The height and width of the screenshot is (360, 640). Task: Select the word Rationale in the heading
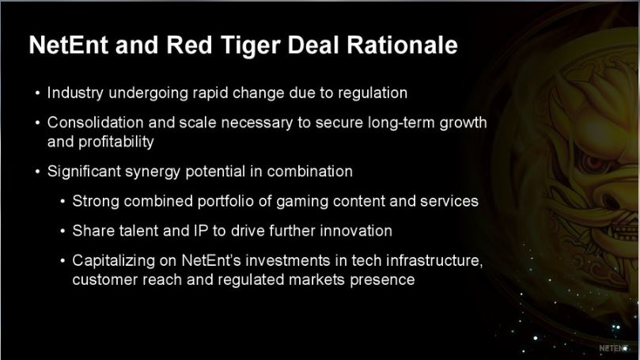402,44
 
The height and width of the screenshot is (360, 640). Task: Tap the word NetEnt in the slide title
69,44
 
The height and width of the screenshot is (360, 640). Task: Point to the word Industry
75,93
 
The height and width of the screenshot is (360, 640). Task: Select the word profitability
116,142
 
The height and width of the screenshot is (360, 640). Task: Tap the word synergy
152,172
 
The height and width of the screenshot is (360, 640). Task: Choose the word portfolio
225,201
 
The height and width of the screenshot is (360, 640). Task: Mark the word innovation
356,231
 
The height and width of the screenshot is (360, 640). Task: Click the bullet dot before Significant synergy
38,172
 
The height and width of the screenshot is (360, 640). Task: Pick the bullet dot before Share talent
62,231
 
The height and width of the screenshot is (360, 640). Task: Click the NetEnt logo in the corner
613,348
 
